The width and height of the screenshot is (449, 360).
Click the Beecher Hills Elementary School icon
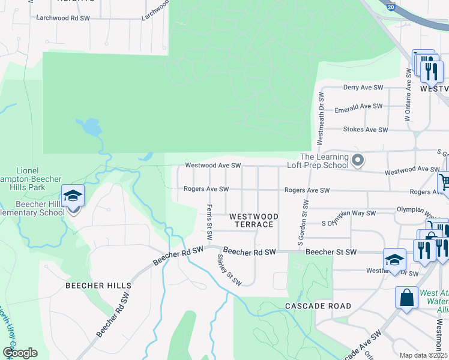73,196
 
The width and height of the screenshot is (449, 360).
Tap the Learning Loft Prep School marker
358,160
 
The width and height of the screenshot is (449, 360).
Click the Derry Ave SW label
363,88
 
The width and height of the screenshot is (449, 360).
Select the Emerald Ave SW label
358,106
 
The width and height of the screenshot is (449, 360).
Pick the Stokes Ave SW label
363,130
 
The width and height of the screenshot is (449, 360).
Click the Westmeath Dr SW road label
321,118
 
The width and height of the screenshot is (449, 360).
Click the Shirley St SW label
229,269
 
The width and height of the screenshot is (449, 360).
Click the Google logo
20,353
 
